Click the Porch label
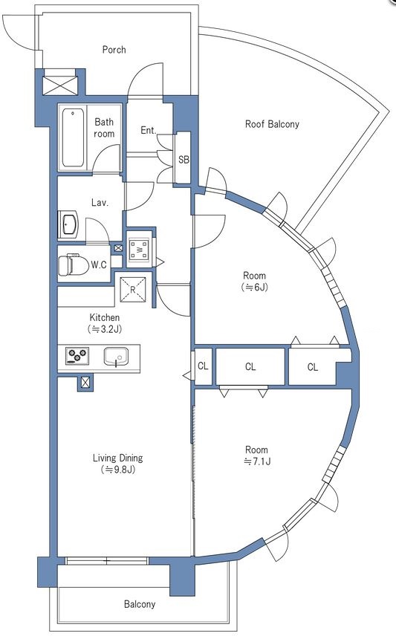click(x=114, y=50)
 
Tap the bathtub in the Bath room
click(x=74, y=137)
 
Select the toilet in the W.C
click(x=74, y=265)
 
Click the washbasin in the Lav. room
click(x=69, y=225)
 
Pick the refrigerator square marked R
click(x=133, y=289)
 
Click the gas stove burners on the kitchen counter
click(x=77, y=356)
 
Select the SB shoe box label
click(x=184, y=160)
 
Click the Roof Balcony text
click(x=272, y=124)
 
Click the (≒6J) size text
click(x=255, y=288)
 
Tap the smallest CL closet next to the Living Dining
click(x=203, y=366)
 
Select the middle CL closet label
click(x=250, y=367)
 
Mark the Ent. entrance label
click(x=149, y=130)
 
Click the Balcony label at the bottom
click(x=140, y=604)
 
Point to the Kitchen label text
click(x=105, y=317)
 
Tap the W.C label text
click(x=99, y=265)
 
